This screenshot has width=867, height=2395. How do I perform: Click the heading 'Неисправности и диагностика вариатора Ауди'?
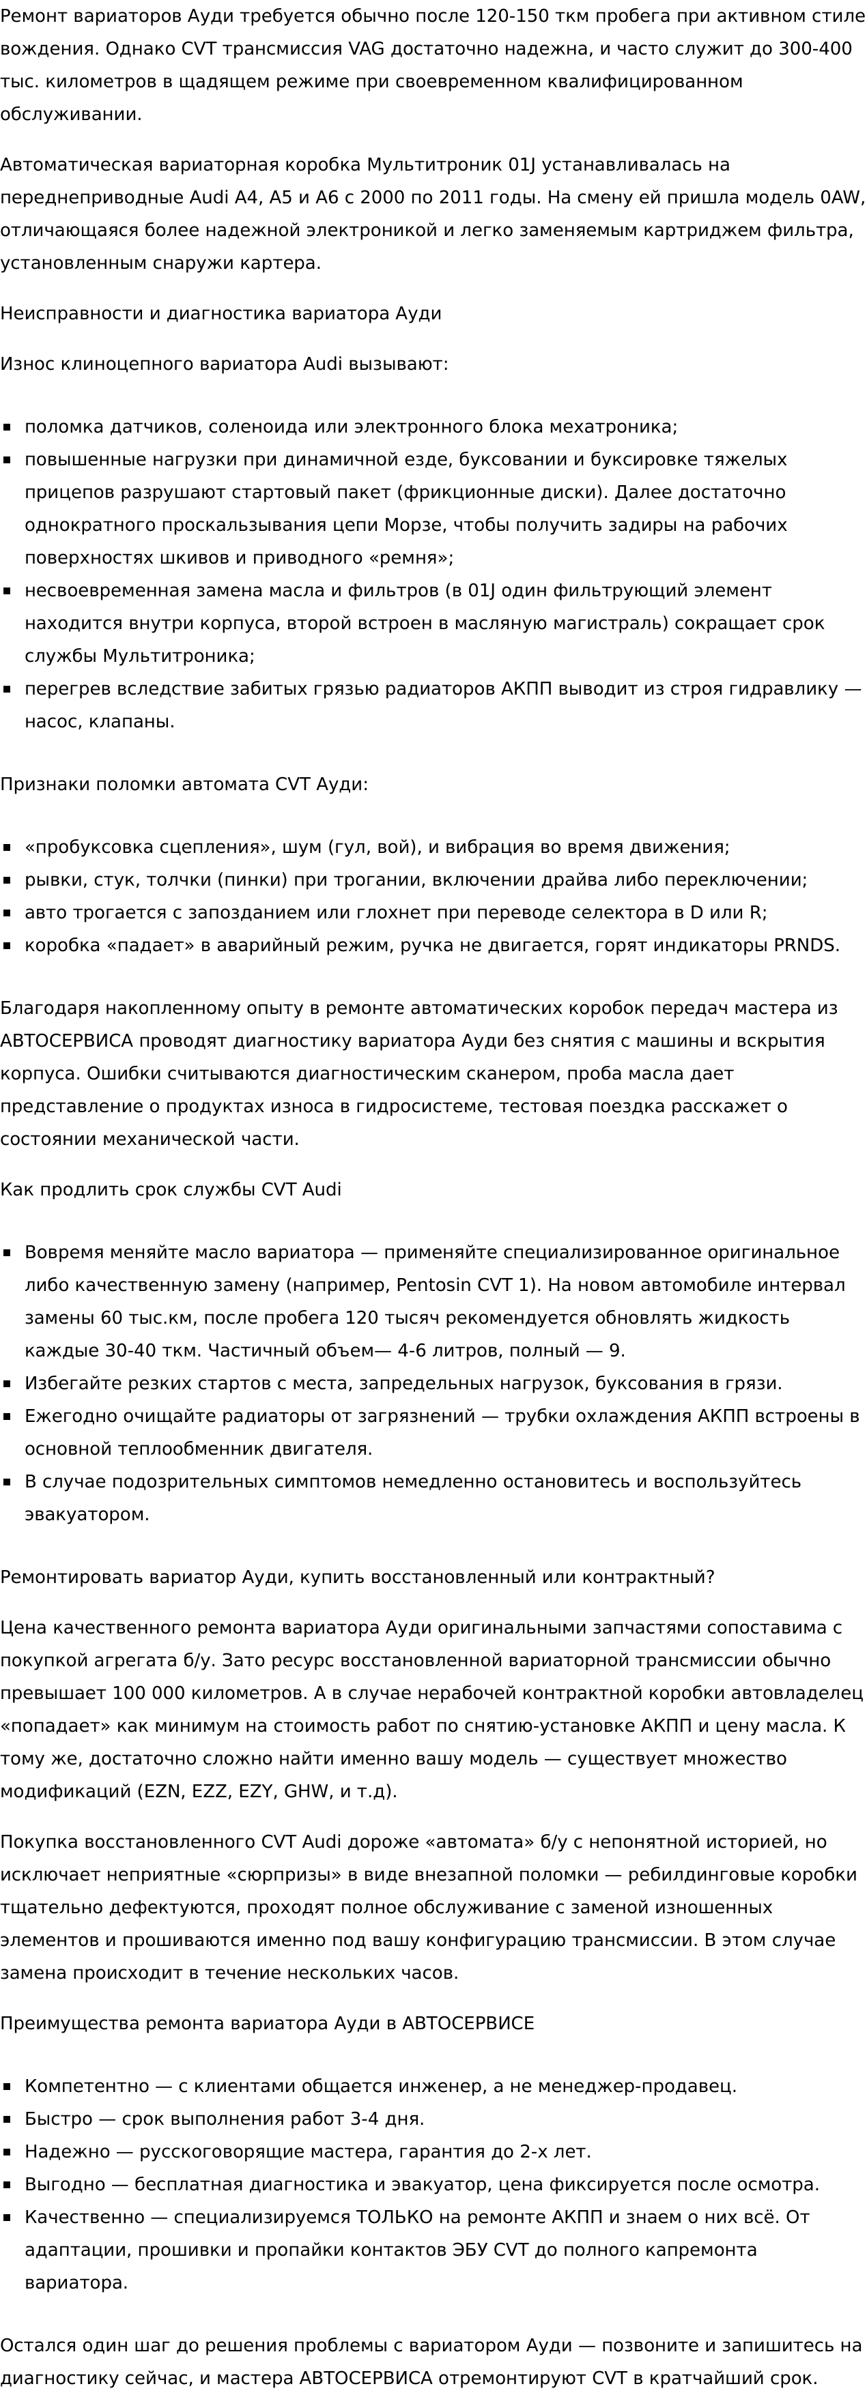[x=221, y=313]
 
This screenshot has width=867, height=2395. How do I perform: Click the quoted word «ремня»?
[x=410, y=558]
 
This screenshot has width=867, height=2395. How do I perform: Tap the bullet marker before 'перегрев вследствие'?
[x=8, y=689]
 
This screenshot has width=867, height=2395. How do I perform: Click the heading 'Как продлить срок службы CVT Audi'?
[x=170, y=1189]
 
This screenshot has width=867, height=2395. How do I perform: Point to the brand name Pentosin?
[x=434, y=1285]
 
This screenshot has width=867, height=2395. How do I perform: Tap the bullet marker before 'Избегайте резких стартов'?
[x=8, y=1384]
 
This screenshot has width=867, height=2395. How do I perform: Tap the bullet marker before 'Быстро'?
[x=8, y=2119]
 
